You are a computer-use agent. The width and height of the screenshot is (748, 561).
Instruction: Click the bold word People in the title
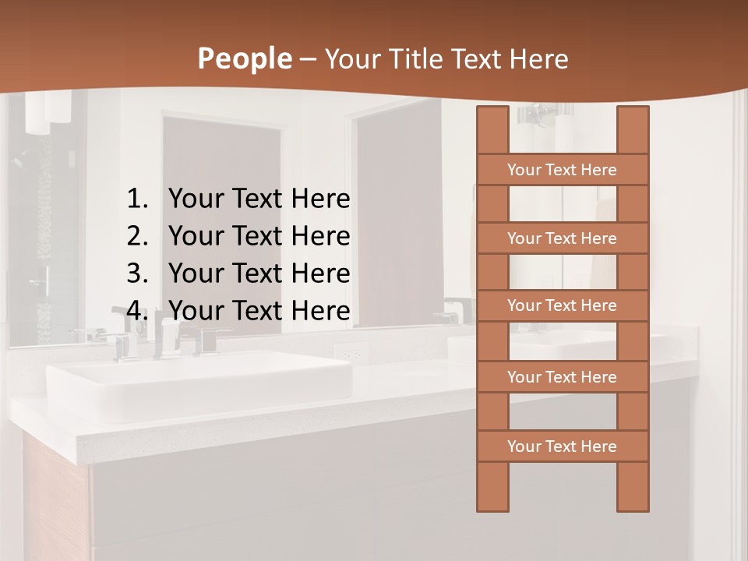[x=244, y=58]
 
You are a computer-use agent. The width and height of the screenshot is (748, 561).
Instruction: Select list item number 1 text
[x=259, y=199]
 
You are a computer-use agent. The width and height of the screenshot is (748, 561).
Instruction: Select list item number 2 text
[x=259, y=236]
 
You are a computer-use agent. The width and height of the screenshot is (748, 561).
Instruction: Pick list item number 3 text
[x=259, y=273]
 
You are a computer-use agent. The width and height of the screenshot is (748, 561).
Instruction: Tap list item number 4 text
[x=259, y=311]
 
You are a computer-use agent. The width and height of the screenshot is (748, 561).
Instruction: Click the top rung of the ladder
[x=562, y=170]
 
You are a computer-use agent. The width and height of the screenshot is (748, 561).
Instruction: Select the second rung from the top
[x=562, y=238]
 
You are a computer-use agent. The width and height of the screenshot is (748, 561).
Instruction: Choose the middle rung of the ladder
[x=562, y=306]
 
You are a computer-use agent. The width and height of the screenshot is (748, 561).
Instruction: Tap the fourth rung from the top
[x=562, y=377]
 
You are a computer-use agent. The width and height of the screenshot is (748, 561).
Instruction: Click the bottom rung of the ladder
[x=562, y=446]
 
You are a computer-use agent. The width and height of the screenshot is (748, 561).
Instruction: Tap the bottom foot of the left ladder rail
[x=492, y=499]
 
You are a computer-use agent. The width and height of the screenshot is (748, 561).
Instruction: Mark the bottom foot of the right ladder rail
[x=633, y=499]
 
